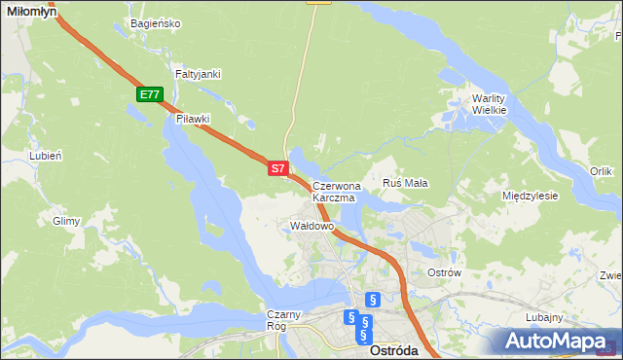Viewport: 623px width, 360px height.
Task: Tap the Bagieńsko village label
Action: click(155, 23)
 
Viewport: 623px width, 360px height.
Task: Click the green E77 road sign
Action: click(149, 94)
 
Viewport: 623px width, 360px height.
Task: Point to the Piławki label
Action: click(194, 119)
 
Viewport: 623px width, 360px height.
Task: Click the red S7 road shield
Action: click(277, 168)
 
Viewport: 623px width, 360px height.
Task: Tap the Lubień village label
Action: click(46, 156)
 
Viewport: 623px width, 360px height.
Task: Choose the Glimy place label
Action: click(66, 221)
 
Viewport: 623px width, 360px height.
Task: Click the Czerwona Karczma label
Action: click(337, 191)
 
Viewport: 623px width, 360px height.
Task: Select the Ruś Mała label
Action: click(406, 183)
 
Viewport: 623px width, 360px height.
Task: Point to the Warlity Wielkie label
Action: click(490, 104)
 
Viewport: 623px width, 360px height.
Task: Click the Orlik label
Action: click(601, 171)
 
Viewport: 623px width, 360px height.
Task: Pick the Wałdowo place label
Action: click(312, 226)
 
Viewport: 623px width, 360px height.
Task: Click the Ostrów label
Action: click(443, 273)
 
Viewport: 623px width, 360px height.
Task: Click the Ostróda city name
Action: click(395, 351)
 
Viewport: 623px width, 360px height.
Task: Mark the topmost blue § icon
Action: click(372, 300)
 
